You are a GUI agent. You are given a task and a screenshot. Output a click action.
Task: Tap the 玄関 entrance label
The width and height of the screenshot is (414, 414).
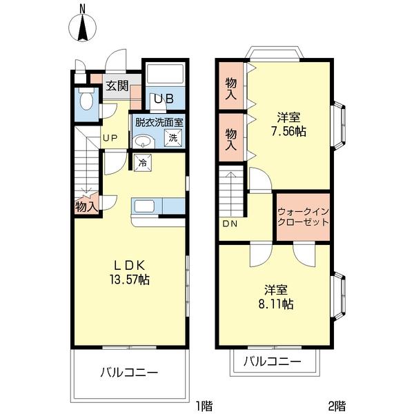click(117, 86)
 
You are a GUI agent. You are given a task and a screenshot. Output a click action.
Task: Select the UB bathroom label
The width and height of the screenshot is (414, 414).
click(164, 99)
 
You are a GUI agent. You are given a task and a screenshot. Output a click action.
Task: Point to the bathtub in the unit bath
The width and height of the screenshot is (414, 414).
click(166, 72)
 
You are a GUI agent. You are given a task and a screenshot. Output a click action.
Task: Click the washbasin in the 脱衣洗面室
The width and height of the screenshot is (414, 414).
click(143, 141)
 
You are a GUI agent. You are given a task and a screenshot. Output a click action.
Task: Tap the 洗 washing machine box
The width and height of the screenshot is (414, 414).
click(173, 137)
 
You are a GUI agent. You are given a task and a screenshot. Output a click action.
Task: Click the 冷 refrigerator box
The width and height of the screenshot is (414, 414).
click(142, 163)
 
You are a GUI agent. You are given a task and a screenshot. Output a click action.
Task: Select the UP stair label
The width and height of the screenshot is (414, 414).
click(110, 138)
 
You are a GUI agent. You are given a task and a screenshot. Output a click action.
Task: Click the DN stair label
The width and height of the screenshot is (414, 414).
click(230, 224)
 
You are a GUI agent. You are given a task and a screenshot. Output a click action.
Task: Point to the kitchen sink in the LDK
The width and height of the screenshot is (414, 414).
click(144, 206)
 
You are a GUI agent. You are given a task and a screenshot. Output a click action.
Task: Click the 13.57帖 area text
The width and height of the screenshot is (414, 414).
click(130, 279)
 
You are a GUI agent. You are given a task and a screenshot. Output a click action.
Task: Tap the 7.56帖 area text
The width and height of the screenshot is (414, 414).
click(289, 131)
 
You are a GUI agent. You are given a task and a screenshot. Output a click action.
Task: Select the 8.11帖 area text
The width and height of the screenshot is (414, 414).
click(276, 304)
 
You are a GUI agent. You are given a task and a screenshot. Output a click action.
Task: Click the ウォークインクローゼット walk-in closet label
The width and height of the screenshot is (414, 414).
click(304, 217)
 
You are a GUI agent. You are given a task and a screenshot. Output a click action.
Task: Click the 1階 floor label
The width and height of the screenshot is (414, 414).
click(204, 406)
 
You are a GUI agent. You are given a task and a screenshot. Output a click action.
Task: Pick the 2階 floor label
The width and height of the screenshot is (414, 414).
click(337, 406)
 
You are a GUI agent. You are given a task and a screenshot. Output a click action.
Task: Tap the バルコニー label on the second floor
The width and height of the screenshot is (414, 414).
click(273, 361)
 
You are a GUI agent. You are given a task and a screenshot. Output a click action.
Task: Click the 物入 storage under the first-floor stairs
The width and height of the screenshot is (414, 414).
click(86, 206)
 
